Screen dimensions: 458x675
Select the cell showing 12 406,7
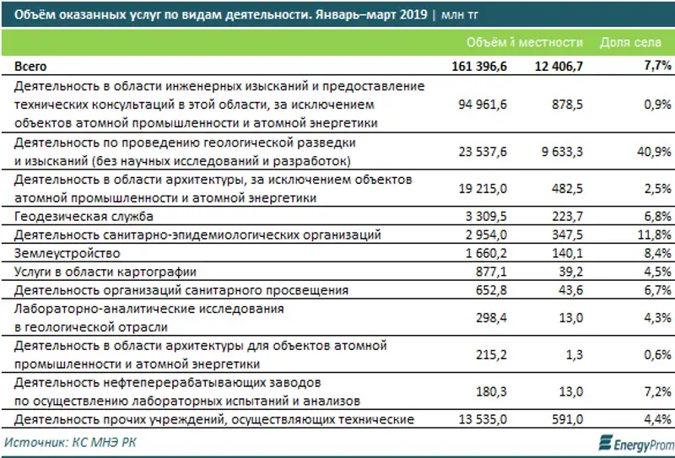553,65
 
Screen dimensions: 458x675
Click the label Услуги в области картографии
105,271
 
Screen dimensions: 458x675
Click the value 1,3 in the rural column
574,355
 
